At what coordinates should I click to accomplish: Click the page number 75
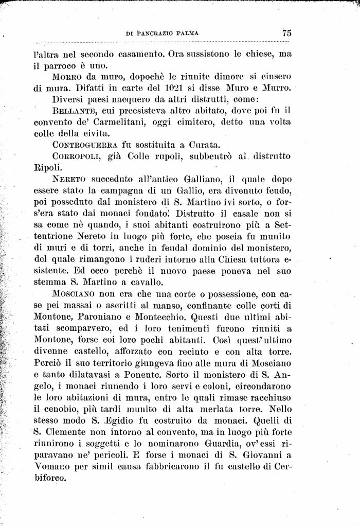coord(286,32)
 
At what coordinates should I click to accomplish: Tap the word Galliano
coord(193,179)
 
